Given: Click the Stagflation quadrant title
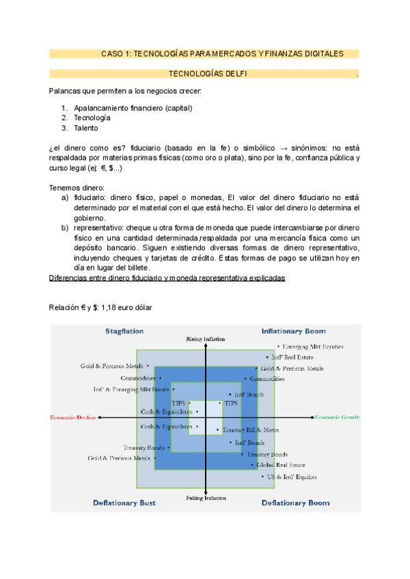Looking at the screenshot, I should (x=124, y=331).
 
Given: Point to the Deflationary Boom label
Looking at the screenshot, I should (x=295, y=503).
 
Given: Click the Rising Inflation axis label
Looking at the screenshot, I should (x=206, y=339).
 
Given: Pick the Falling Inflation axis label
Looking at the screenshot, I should (x=206, y=498).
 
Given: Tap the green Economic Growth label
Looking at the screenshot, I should (x=338, y=416).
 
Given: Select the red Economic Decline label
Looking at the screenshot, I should (x=73, y=416).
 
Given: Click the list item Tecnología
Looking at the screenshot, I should (x=92, y=117).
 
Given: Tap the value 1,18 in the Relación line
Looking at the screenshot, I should (x=109, y=308).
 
